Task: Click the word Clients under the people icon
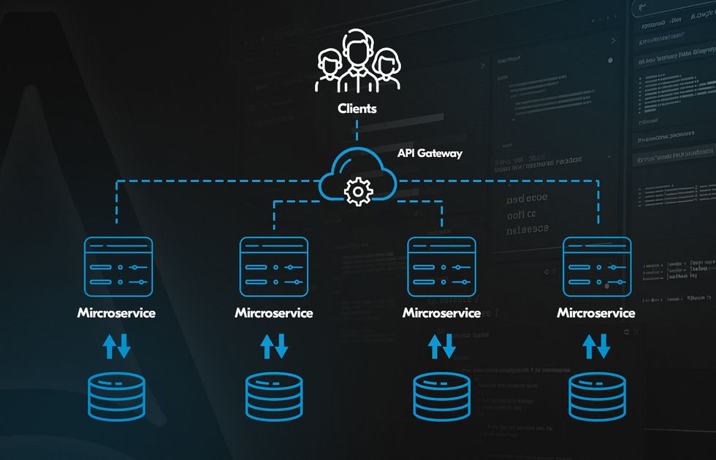point(357,108)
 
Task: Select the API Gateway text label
point(430,153)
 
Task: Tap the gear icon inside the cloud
point(357,192)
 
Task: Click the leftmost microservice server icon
point(118,267)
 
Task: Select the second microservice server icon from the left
point(274,267)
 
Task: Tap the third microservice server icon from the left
point(441,267)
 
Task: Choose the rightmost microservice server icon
point(597,267)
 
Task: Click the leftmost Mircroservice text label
point(117,313)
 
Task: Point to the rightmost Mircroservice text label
point(596,313)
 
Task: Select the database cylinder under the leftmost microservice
point(118,396)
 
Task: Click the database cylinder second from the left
point(274,396)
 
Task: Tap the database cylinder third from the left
point(441,396)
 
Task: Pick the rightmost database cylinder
point(597,396)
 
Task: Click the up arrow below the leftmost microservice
point(110,346)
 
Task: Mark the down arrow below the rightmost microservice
point(604,346)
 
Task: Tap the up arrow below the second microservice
point(267,346)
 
